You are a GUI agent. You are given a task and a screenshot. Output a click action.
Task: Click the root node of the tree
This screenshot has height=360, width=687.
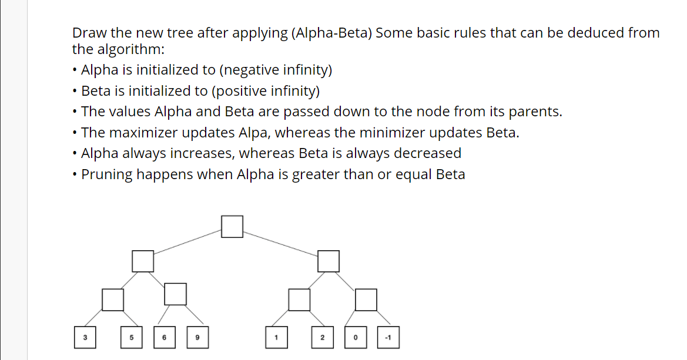click(232, 227)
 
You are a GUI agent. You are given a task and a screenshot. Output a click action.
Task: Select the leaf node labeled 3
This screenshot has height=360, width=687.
click(85, 337)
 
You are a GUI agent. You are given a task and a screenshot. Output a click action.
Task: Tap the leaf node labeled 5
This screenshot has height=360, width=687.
click(132, 337)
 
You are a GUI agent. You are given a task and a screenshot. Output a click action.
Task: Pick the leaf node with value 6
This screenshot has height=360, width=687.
click(165, 337)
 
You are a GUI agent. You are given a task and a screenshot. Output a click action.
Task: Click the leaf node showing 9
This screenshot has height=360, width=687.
click(197, 337)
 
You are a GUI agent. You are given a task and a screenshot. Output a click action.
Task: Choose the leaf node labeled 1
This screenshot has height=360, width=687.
click(276, 337)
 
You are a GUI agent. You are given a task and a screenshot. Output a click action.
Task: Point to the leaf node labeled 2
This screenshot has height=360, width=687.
click(322, 337)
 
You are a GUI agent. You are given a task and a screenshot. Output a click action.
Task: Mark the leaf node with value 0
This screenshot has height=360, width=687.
click(355, 337)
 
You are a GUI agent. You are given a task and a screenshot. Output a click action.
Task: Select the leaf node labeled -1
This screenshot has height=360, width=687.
click(388, 337)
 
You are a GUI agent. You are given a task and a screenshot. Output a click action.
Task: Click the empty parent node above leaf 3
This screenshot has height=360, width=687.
click(113, 300)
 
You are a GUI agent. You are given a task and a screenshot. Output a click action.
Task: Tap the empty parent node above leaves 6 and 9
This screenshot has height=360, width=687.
click(175, 294)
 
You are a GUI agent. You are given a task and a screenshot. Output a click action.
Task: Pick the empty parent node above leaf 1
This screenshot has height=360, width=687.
click(299, 300)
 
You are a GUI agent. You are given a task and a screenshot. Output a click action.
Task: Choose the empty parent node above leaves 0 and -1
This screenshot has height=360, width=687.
click(366, 300)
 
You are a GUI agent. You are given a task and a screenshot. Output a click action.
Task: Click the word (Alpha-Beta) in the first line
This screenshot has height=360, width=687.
click(331, 33)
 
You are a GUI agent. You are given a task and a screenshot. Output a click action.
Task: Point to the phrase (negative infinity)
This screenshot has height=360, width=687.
click(276, 70)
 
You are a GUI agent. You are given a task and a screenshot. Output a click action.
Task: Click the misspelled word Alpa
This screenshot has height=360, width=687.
click(255, 133)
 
